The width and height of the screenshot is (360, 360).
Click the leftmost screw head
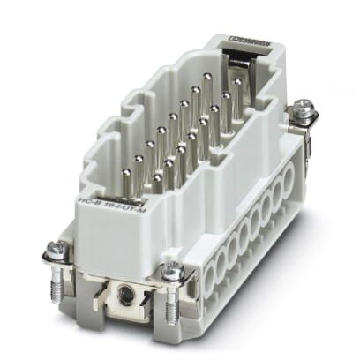click(x=50, y=257)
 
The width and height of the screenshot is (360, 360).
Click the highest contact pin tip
click(x=207, y=78)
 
